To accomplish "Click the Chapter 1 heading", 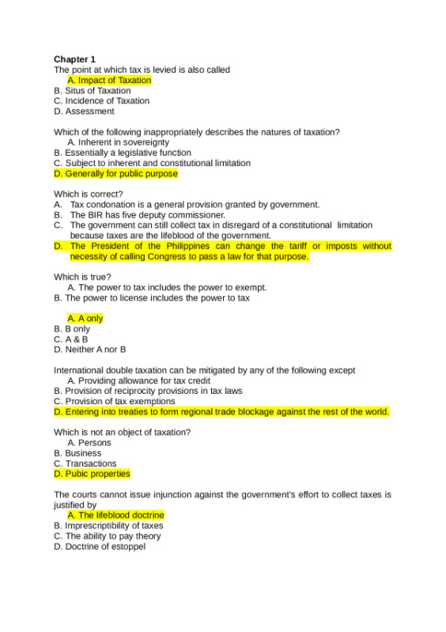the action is pyautogui.click(x=74, y=59).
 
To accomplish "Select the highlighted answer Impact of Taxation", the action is pyautogui.click(x=109, y=80).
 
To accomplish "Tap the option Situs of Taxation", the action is pyautogui.click(x=93, y=90).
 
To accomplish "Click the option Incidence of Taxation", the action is pyautogui.click(x=101, y=100).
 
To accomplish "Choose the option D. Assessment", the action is pyautogui.click(x=84, y=112).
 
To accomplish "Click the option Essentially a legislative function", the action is pyautogui.click(x=122, y=153).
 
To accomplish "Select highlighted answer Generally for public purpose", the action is pyautogui.click(x=115, y=173).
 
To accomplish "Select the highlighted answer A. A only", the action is pyautogui.click(x=85, y=318).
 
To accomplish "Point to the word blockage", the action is pyautogui.click(x=287, y=411).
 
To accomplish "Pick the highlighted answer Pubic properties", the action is pyautogui.click(x=92, y=474).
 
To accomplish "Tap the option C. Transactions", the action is pyautogui.click(x=85, y=464).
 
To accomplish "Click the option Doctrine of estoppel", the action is pyautogui.click(x=100, y=546).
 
